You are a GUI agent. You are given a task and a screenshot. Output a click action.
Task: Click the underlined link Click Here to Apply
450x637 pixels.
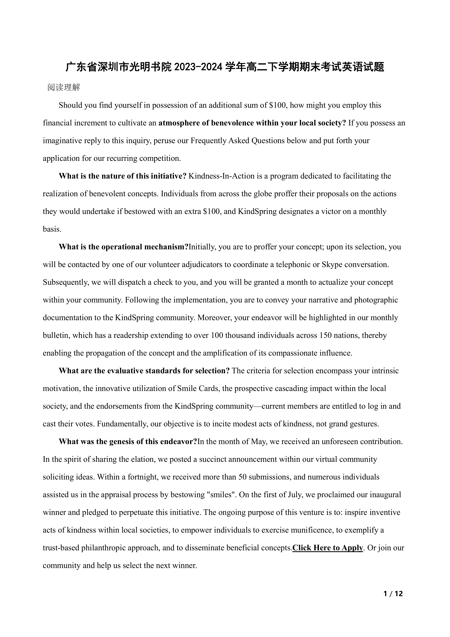point(328,548)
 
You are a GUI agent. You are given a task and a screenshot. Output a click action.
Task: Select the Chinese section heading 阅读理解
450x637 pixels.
point(64,87)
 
